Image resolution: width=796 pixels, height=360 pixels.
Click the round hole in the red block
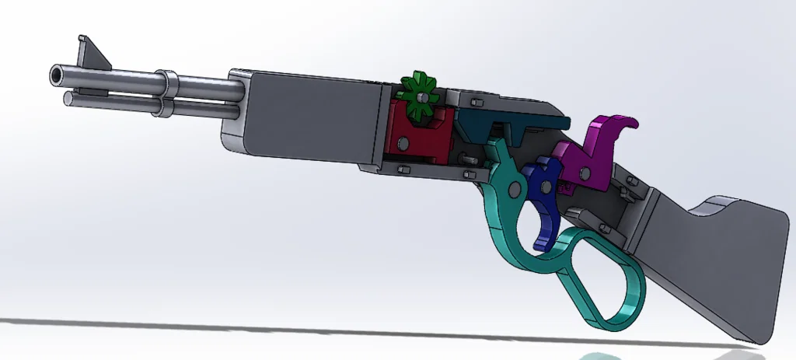coord(404,143)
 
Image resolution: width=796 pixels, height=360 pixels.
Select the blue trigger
coord(545,197)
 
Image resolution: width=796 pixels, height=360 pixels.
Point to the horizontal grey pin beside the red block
coord(469,156)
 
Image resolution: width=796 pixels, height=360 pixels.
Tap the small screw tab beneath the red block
coord(403,168)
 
